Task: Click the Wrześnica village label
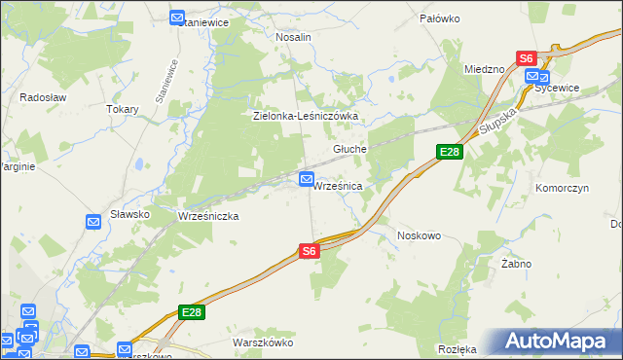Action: [338, 186]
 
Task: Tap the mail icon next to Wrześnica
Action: [307, 179]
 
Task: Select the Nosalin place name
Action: [293, 37]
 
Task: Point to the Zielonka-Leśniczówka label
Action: [307, 116]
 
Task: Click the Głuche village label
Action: [349, 149]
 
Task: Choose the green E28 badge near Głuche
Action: [449, 152]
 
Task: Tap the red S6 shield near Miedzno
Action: [527, 58]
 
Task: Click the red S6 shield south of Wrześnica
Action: [309, 251]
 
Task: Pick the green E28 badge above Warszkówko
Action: [191, 311]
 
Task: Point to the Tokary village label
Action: [123, 110]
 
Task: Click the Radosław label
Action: [42, 97]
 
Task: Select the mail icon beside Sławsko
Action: [93, 222]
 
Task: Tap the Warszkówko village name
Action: [263, 342]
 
